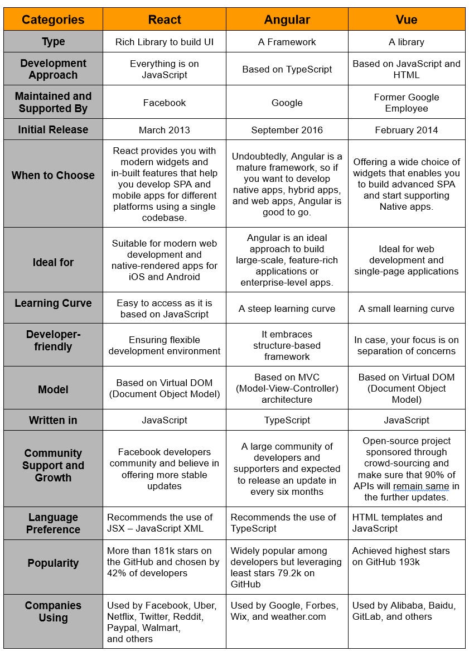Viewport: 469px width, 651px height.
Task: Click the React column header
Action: pyautogui.click(x=165, y=20)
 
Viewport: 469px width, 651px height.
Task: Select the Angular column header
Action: pyautogui.click(x=287, y=20)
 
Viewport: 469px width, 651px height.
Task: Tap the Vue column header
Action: pyautogui.click(x=406, y=20)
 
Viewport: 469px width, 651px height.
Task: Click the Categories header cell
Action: pyautogui.click(x=53, y=20)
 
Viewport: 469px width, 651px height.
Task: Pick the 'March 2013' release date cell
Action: pyautogui.click(x=165, y=130)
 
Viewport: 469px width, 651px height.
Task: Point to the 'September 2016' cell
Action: pyautogui.click(x=287, y=130)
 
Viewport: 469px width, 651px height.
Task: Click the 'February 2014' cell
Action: pyautogui.click(x=406, y=130)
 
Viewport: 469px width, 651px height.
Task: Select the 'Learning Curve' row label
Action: pyautogui.click(x=53, y=303)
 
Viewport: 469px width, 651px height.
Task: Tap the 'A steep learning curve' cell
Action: pyautogui.click(x=287, y=308)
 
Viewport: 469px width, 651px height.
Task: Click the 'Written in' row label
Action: pyautogui.click(x=53, y=420)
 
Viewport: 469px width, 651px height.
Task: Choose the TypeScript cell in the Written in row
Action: pyautogui.click(x=287, y=420)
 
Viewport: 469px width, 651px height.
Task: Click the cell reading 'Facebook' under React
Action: pyautogui.click(x=165, y=103)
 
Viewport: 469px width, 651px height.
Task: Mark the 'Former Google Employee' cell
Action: pyautogui.click(x=406, y=103)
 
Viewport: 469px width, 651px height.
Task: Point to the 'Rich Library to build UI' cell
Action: pyautogui.click(x=165, y=42)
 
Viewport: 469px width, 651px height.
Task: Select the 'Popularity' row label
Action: pyautogui.click(x=53, y=563)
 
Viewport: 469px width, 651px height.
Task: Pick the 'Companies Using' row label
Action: pyautogui.click(x=53, y=611)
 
